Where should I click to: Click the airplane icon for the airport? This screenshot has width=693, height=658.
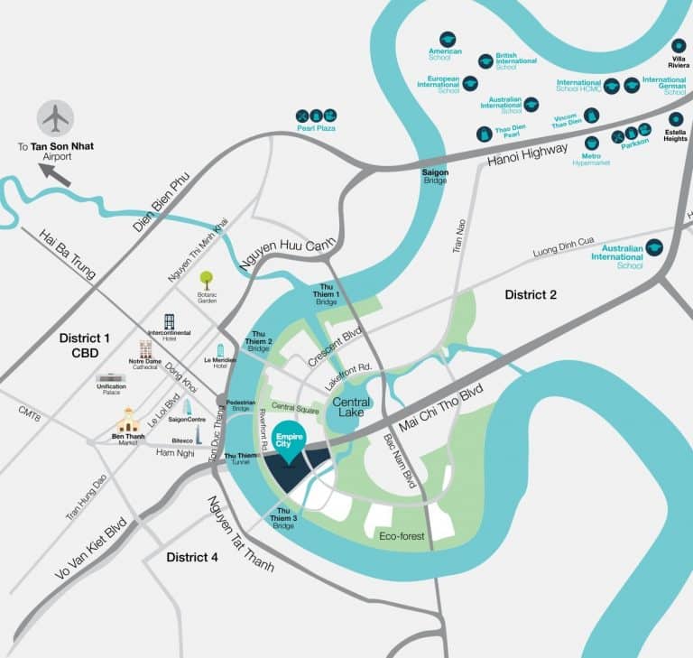(56, 117)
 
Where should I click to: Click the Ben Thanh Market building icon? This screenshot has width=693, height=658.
(128, 419)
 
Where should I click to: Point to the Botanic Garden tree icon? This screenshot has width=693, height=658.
(207, 280)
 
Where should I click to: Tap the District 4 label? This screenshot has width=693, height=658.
(191, 558)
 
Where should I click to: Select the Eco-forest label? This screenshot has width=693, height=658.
(402, 536)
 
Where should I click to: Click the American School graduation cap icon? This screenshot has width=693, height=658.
(448, 40)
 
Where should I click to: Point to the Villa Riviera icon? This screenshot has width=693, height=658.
(679, 45)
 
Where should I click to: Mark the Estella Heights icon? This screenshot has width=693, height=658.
(676, 119)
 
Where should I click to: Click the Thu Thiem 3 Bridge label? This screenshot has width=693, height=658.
(282, 519)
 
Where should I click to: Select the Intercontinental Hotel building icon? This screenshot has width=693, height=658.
(169, 322)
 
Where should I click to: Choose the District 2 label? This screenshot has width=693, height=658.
(531, 294)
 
